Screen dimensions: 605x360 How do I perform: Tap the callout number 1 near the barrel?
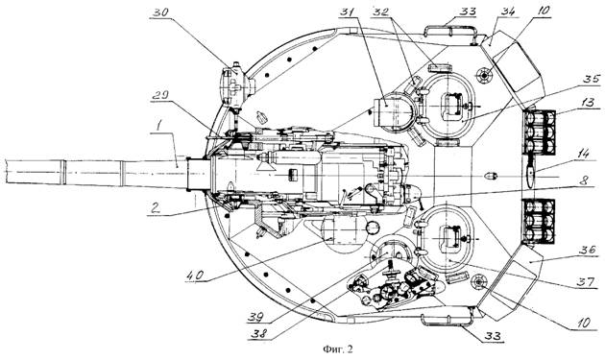point(157,126)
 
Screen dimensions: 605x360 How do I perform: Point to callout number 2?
point(156,208)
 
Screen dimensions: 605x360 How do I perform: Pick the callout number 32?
point(380,12)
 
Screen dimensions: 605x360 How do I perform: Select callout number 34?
point(509,12)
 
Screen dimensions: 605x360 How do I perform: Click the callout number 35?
point(592,80)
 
